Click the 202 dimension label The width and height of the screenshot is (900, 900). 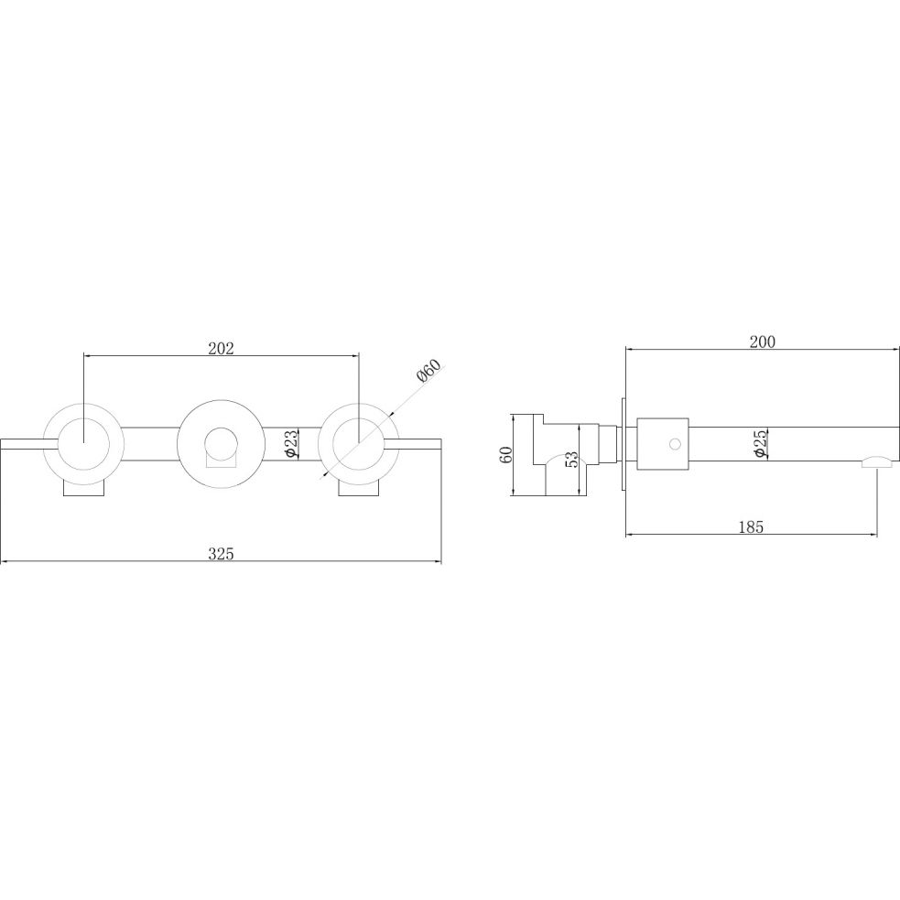(x=221, y=348)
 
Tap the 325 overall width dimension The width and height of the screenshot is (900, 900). (x=221, y=554)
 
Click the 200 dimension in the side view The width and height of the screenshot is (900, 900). (x=763, y=342)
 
